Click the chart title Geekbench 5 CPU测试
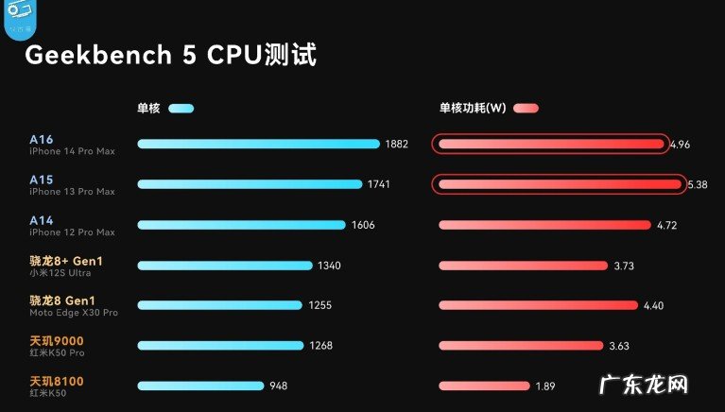pos(170,55)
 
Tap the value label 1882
pos(397,145)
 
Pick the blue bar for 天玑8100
pos(200,386)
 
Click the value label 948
pos(278,386)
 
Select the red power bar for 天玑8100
pos(482,386)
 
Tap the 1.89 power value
pos(545,386)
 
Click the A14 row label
pos(42,220)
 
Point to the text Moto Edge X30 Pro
pos(73,313)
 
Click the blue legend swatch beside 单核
pos(181,108)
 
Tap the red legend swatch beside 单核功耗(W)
pos(526,108)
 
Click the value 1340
pos(329,266)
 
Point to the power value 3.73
pos(624,266)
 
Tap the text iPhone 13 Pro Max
pos(72,192)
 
